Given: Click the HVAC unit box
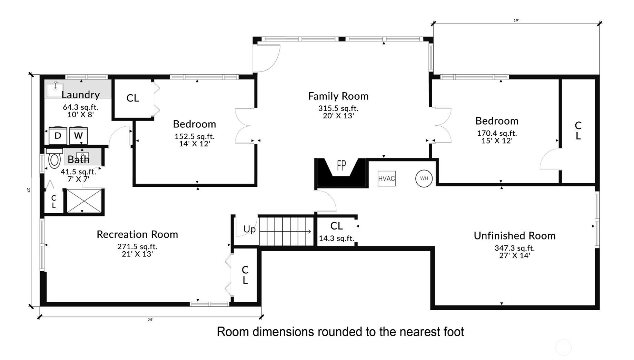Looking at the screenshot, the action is coord(386,178).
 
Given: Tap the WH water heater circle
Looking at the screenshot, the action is coord(424,178).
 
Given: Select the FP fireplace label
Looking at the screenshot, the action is coord(341,166).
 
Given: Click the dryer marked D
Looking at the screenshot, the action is coord(58,136).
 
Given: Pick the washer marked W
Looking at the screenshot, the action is coord(78,136).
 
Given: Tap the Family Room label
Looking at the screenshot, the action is coord(338,96).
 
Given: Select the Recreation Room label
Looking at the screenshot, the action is coord(137,234).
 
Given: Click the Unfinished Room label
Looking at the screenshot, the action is coord(515,236).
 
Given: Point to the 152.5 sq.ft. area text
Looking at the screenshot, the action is coord(195,136).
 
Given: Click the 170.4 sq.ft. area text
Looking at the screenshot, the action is coord(497,133).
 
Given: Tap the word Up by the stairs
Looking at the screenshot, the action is coord(250,230).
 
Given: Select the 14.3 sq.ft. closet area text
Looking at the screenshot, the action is coord(336,238).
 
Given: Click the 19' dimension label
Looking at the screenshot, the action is coord(516,20).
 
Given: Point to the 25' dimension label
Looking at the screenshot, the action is coord(150,320).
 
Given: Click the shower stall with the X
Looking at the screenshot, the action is coord(85,201).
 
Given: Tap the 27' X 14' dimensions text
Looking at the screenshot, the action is coord(514,255).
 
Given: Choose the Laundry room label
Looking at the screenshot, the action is coord(81,95).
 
